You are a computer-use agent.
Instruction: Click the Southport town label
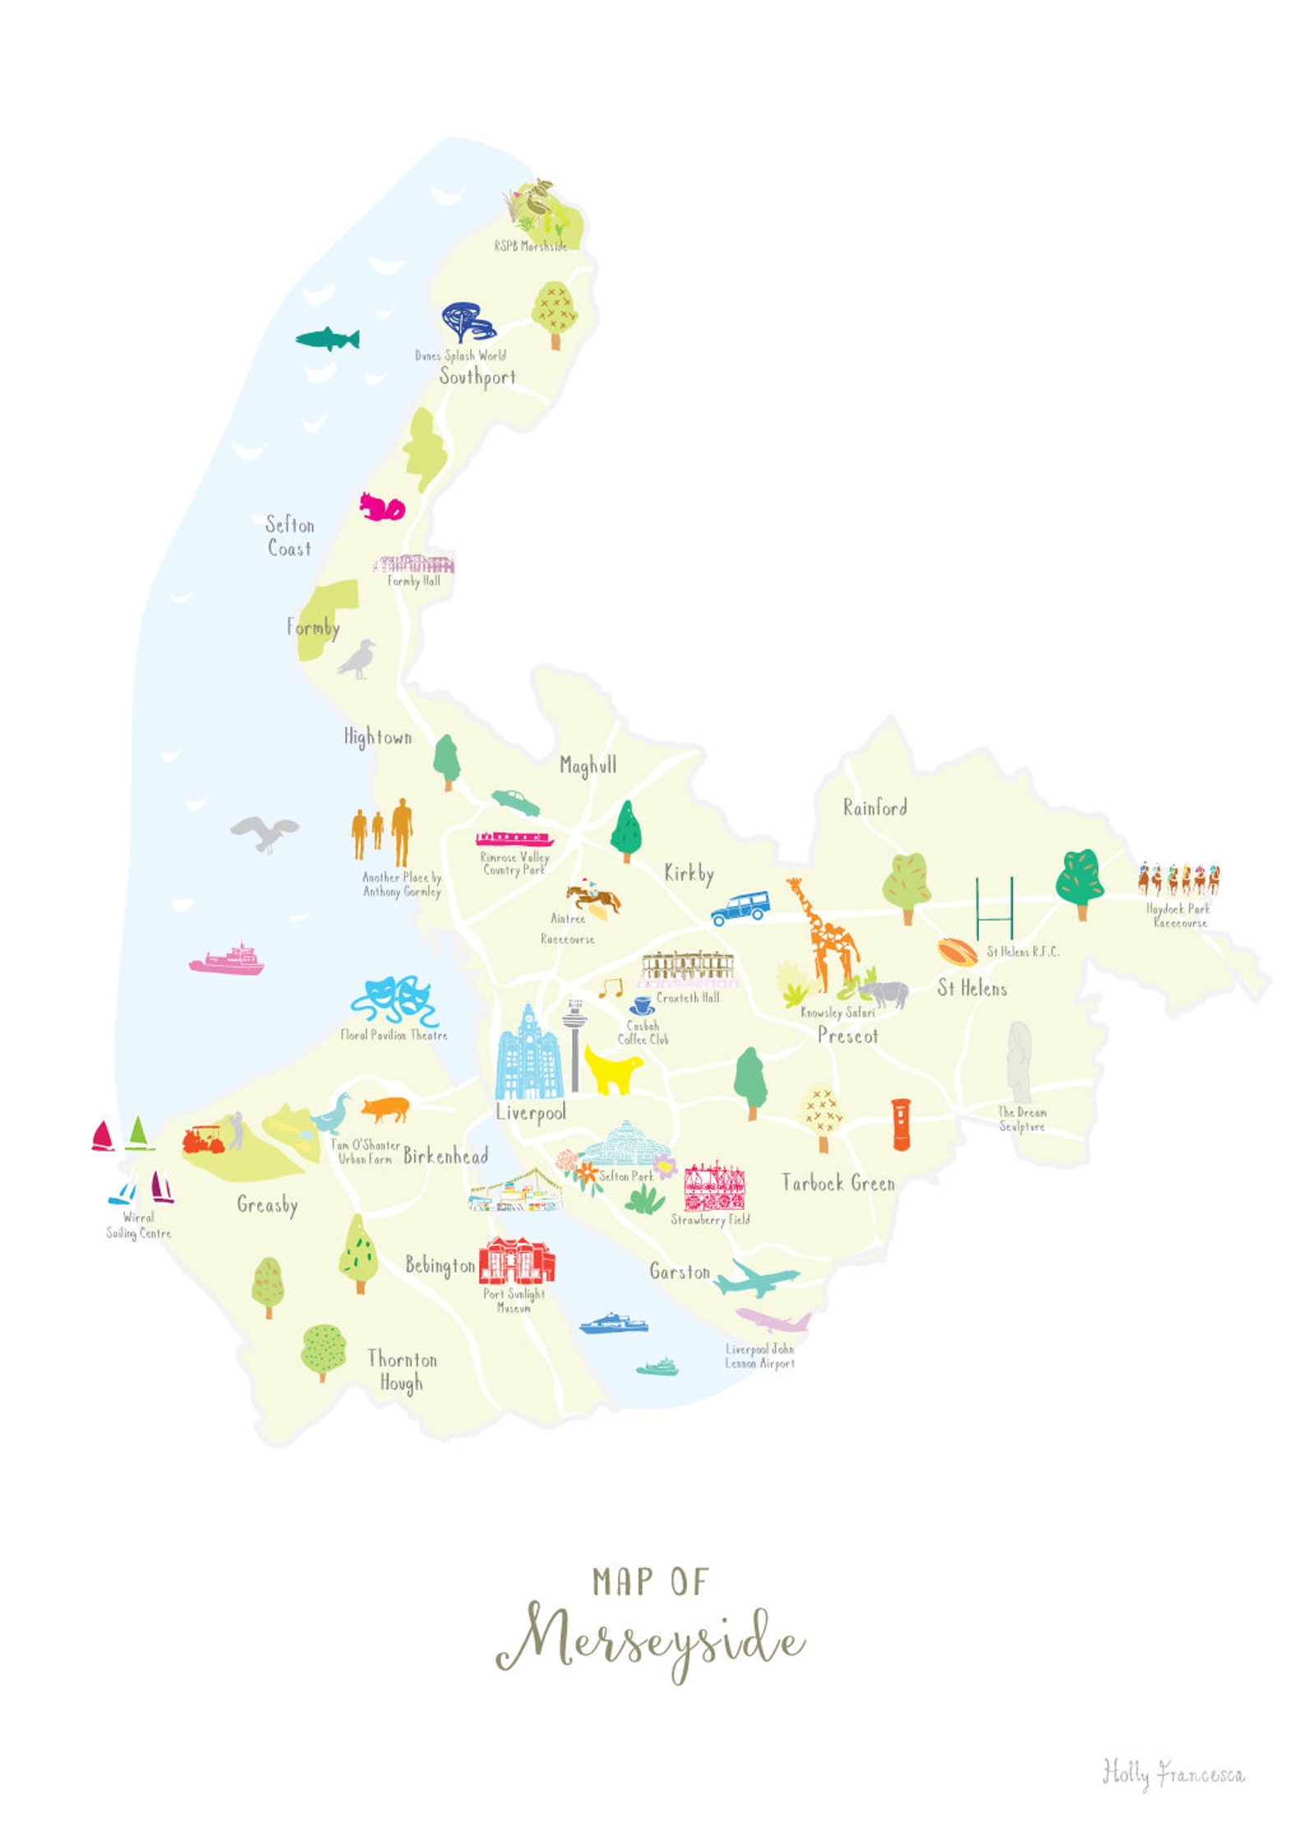[x=477, y=377]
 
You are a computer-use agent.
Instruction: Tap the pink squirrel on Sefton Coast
[x=382, y=507]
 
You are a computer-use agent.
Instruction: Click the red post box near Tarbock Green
[x=901, y=1125]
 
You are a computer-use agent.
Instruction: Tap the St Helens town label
[x=971, y=988]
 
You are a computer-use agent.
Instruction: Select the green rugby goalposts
[x=994, y=908]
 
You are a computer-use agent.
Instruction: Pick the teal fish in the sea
[x=328, y=339]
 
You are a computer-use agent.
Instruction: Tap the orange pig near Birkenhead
[x=385, y=1109]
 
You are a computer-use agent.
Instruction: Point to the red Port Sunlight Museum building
[x=516, y=1262]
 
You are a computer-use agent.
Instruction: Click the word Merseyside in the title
[x=649, y=1644]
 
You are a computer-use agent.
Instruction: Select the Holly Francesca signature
[x=1173, y=1773]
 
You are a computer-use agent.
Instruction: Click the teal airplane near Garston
[x=754, y=1279]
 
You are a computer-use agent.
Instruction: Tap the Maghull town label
[x=588, y=765]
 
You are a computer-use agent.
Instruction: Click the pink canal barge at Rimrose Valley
[x=514, y=839]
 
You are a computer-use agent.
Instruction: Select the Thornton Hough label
[x=401, y=1370]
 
